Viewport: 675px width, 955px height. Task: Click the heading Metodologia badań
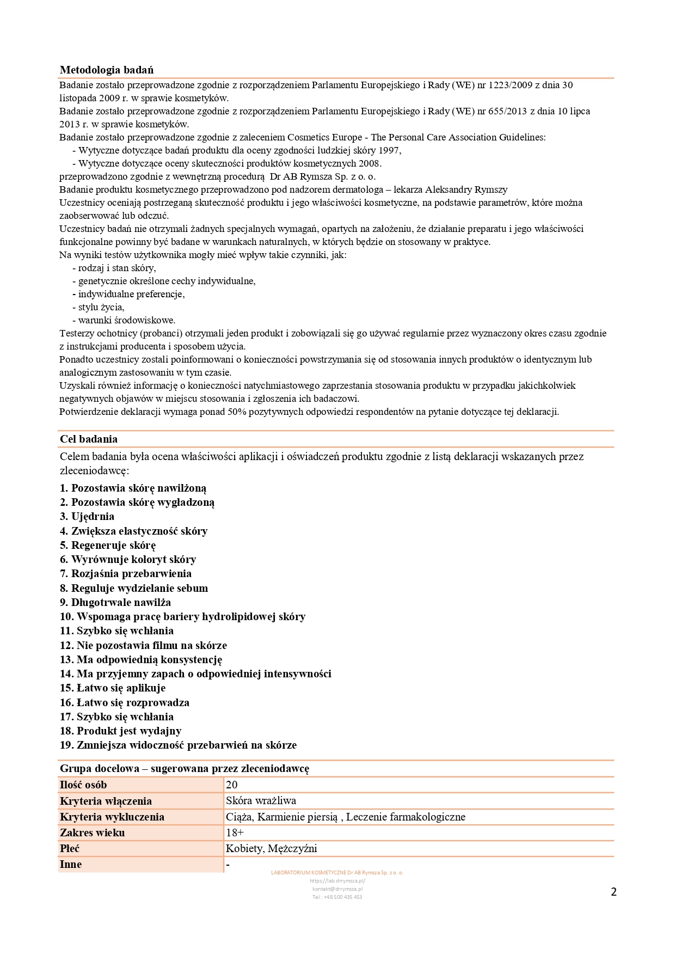click(107, 70)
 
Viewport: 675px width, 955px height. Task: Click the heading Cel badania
click(89, 439)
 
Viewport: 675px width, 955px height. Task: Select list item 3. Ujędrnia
click(87, 516)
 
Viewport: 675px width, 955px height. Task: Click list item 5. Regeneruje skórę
click(108, 545)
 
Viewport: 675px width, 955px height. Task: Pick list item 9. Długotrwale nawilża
click(115, 602)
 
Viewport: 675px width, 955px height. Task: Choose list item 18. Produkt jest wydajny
click(120, 731)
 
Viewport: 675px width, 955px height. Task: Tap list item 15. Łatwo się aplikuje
click(113, 688)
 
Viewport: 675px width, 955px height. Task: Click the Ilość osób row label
click(83, 785)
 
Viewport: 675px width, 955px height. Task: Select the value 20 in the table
click(232, 785)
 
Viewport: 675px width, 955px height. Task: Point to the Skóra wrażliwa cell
click(261, 800)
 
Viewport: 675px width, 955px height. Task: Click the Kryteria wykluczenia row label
click(112, 817)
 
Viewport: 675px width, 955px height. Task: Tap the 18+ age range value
click(235, 832)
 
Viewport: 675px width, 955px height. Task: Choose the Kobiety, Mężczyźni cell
click(271, 848)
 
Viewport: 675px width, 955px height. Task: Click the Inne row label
click(71, 864)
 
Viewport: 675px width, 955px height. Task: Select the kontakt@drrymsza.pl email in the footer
click(337, 889)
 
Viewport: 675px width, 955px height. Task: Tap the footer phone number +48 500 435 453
click(337, 897)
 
